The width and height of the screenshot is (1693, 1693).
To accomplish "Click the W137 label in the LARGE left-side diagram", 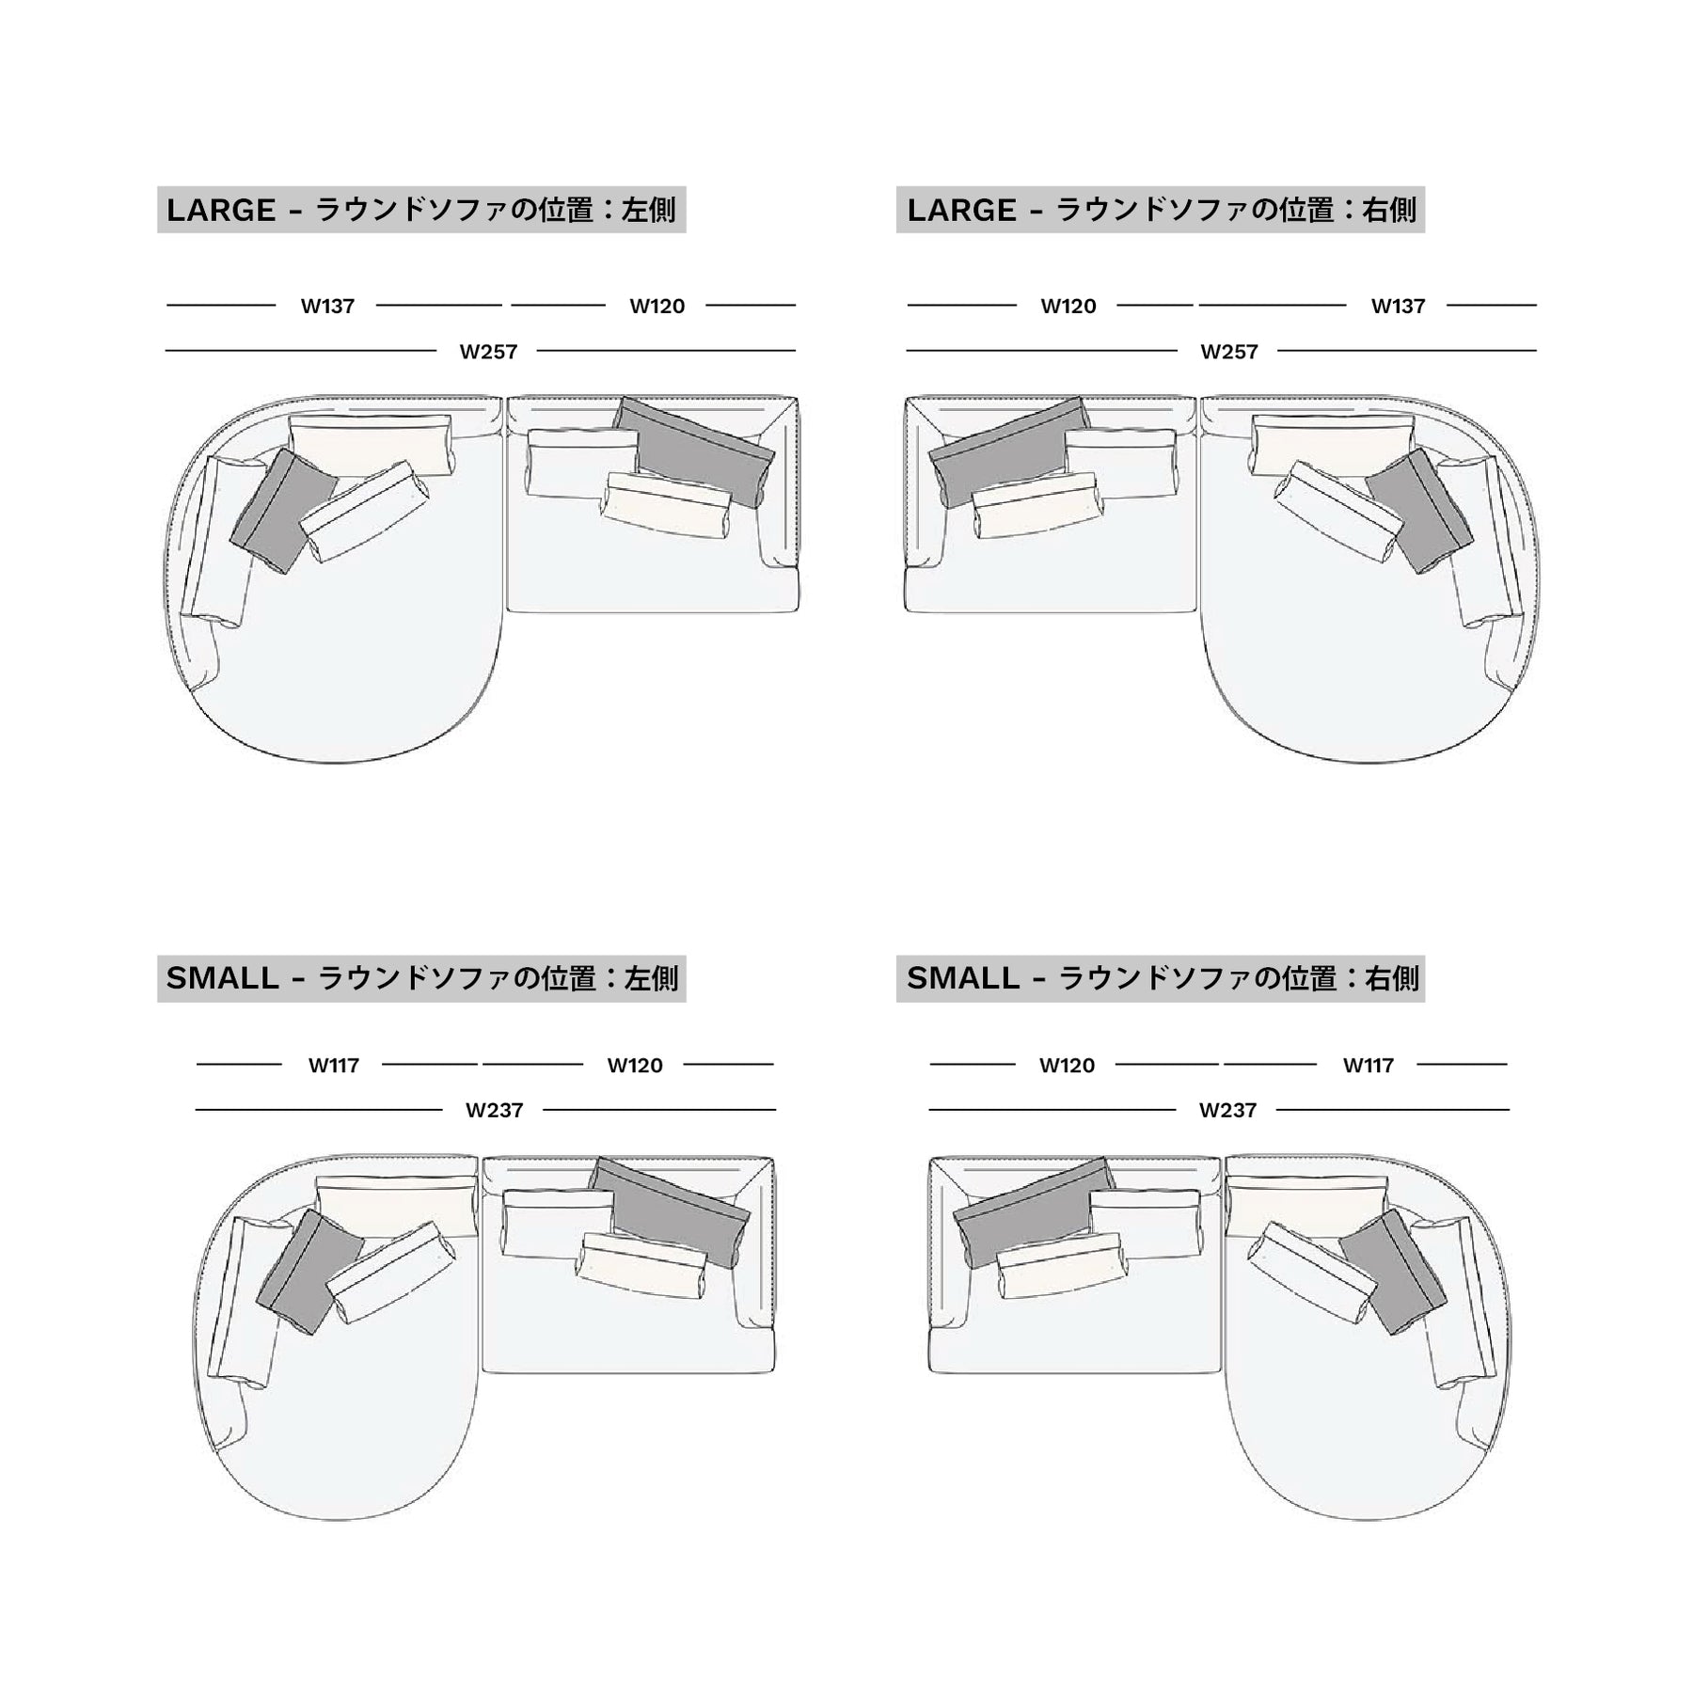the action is [327, 306].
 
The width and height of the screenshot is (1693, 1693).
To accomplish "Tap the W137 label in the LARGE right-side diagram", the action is [1398, 306].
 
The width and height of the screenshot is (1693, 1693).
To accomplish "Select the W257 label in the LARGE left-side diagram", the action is [488, 352].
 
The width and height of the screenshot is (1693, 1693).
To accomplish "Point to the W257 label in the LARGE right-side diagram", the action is [1229, 352].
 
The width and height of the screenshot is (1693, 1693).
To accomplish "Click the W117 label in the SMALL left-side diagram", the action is [334, 1066].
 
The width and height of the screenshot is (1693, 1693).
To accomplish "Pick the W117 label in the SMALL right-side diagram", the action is [1369, 1066].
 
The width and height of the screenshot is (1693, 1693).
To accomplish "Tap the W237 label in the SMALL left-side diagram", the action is [495, 1111].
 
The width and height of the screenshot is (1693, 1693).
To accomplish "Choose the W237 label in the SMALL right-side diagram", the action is [1227, 1111].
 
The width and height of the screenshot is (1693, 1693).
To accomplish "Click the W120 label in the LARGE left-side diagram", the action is [657, 306].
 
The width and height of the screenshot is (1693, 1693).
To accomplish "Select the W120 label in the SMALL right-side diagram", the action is [1067, 1066].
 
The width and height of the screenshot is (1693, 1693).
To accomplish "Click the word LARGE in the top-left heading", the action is [221, 210].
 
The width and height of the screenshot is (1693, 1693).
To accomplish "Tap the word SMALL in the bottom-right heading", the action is [963, 978].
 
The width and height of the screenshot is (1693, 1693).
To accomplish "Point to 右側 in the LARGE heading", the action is [1389, 210].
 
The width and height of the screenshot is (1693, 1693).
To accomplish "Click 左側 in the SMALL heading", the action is [651, 978].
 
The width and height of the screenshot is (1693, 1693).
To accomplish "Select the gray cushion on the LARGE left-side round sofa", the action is [283, 510].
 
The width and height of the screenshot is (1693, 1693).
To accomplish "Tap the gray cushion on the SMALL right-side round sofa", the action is [1392, 1271].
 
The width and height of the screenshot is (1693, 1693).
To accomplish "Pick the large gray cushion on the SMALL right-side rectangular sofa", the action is [1033, 1212].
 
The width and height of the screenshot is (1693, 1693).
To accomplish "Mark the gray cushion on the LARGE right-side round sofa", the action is [1419, 511].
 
